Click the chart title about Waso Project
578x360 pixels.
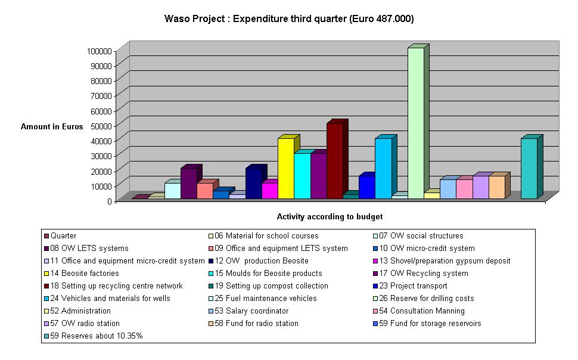[289, 19]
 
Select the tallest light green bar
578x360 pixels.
[415, 122]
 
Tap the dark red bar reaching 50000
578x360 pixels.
[334, 160]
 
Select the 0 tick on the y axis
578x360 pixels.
[110, 201]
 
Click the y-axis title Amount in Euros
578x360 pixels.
[52, 127]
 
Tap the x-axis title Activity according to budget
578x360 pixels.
[330, 217]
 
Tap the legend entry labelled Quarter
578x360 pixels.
[64, 236]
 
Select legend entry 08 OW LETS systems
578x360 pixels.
[89, 249]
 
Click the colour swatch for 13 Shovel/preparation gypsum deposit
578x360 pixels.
[374, 261]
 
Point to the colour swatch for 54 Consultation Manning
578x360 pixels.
[374, 311]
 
